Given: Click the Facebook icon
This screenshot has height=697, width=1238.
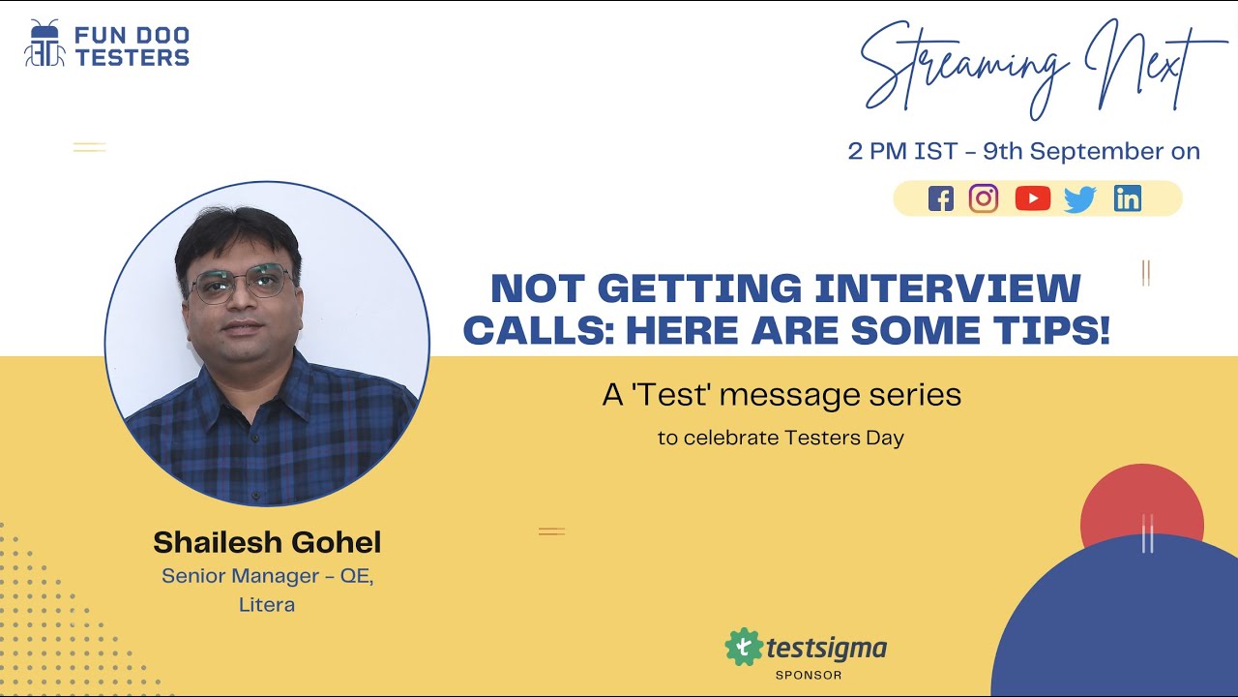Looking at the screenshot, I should pyautogui.click(x=940, y=198).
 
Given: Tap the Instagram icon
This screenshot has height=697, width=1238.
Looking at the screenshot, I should pyautogui.click(x=984, y=198).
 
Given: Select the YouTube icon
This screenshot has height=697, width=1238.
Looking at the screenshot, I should pyautogui.click(x=1032, y=198).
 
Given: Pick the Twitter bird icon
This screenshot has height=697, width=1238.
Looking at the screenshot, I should pyautogui.click(x=1079, y=199).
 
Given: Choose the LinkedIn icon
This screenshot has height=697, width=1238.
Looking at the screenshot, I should pyautogui.click(x=1127, y=198).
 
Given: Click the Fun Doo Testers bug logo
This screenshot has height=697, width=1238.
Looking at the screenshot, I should pyautogui.click(x=44, y=44).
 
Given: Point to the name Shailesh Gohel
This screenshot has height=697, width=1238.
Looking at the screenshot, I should pyautogui.click(x=267, y=541).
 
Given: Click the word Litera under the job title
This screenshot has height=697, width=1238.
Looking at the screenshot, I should pyautogui.click(x=267, y=605).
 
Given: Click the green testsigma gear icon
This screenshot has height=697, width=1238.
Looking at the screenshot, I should pyautogui.click(x=743, y=647).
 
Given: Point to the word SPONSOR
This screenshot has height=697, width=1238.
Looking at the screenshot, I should pyautogui.click(x=809, y=675).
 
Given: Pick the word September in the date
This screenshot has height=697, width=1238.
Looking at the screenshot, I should pyautogui.click(x=1083, y=152).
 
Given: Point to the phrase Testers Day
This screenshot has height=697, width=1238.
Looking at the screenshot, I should pyautogui.click(x=843, y=438).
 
